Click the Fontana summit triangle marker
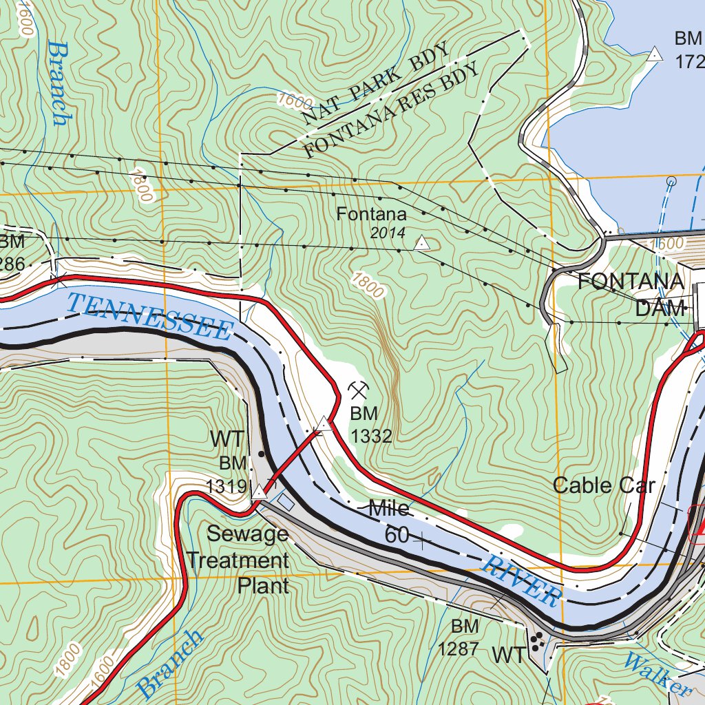point(421,243)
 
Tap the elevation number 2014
point(388,233)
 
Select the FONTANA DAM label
point(631,295)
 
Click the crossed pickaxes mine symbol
point(357,390)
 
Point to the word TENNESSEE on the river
point(150,317)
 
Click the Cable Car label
point(604,485)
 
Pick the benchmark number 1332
point(371,435)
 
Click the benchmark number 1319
point(226,487)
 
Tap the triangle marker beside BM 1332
point(324,424)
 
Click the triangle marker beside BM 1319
point(259,492)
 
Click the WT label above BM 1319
point(227,439)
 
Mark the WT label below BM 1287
point(509,655)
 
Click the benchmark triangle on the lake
point(655,54)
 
